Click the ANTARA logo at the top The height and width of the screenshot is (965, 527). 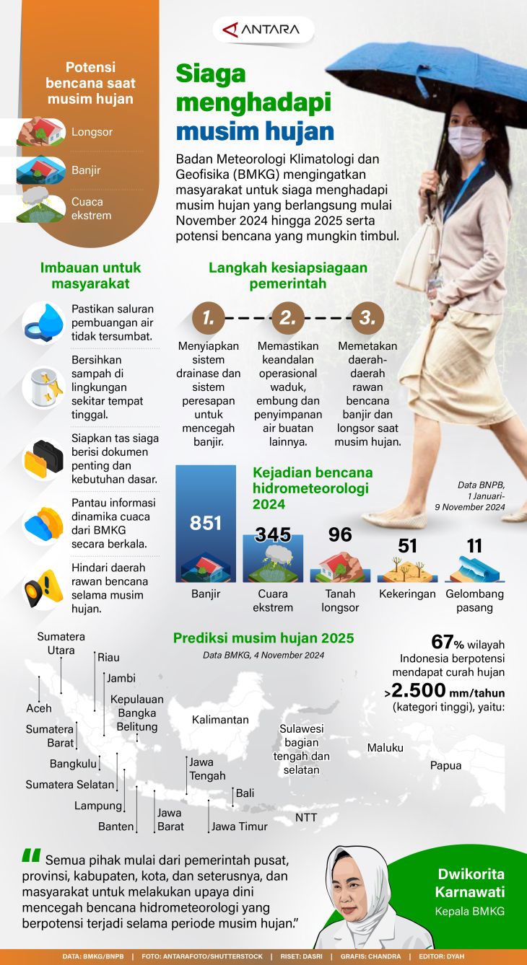[x=263, y=30]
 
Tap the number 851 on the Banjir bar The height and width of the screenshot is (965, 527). [x=206, y=523]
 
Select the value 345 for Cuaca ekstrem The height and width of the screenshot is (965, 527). [x=273, y=534]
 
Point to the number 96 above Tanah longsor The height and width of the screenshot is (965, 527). [x=340, y=534]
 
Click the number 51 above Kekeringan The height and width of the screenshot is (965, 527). [x=408, y=545]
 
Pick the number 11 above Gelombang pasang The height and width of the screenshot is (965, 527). [x=474, y=545]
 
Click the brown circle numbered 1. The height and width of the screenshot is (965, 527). [x=208, y=317]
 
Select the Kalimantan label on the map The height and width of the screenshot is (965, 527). [x=220, y=719]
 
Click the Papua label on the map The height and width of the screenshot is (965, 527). [x=445, y=765]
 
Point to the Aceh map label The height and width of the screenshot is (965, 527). [x=39, y=708]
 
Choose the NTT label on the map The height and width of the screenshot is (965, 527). [x=306, y=817]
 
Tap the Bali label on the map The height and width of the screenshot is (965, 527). [x=245, y=793]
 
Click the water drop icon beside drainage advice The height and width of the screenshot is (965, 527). [x=43, y=322]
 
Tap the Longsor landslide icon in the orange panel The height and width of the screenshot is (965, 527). [x=43, y=132]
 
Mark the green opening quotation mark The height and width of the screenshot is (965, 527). [x=31, y=856]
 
